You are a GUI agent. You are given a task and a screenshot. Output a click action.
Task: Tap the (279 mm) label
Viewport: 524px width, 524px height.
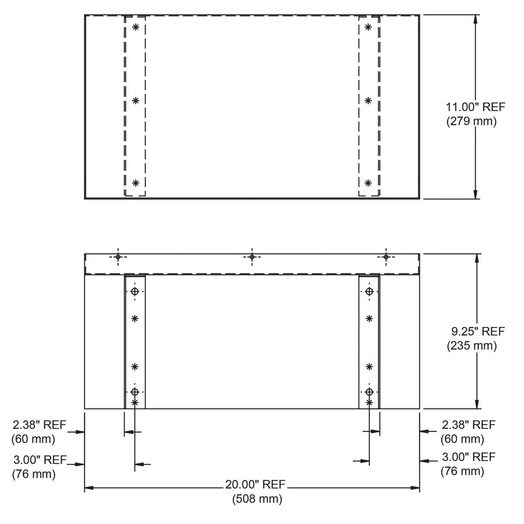[472, 121]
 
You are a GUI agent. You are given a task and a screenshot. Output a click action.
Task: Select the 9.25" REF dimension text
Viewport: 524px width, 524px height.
[478, 331]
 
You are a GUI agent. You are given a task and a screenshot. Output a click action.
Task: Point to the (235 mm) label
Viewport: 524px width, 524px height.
[472, 345]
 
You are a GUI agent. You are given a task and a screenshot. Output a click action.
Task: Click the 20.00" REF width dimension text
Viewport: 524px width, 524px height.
[255, 484]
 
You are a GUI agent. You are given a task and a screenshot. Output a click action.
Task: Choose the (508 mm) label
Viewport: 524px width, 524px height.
[257, 498]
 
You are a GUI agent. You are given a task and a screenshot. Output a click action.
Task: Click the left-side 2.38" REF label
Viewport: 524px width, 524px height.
[39, 424]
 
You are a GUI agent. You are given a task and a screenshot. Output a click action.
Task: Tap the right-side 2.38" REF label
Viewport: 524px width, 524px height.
[469, 424]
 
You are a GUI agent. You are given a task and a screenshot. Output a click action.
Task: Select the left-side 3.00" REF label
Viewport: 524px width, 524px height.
[40, 459]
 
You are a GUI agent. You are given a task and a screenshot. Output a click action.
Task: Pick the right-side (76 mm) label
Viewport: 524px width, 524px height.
[462, 471]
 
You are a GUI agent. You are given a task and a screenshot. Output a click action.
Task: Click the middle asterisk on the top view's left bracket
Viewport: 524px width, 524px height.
[136, 100]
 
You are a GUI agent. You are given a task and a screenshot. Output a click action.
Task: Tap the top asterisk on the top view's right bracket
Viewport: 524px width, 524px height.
[368, 27]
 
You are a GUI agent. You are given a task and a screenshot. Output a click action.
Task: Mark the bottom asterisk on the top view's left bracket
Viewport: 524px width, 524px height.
[135, 182]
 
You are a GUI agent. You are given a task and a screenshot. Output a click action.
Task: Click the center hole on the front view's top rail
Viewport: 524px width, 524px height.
[252, 257]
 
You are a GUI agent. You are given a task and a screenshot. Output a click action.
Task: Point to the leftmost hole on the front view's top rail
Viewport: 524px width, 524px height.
[117, 257]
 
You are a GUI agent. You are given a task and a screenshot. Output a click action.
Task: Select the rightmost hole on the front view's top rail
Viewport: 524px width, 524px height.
[386, 257]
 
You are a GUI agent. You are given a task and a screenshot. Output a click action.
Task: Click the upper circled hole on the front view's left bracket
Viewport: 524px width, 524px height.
[135, 291]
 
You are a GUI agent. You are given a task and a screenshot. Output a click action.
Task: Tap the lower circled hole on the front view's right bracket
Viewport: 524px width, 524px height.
[369, 391]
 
